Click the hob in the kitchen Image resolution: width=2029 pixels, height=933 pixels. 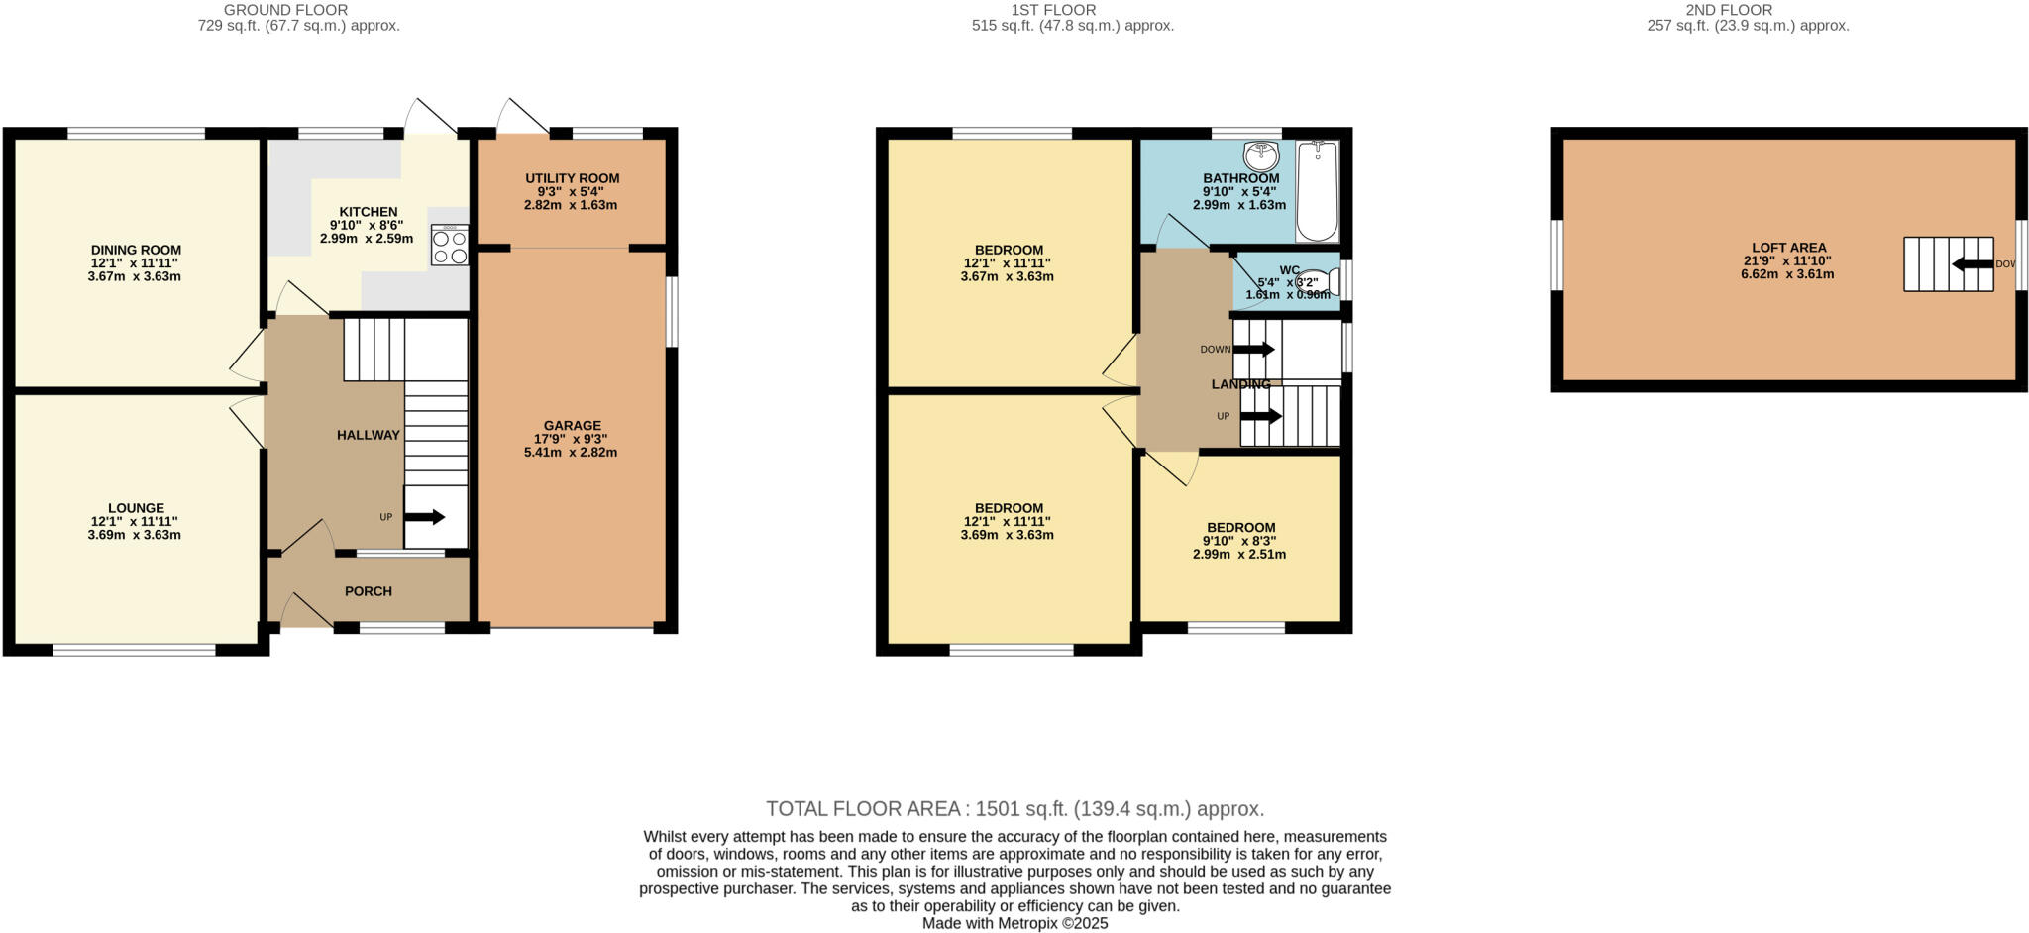450,245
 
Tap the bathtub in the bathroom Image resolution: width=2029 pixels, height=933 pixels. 1317,191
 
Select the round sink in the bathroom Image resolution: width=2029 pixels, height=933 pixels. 1261,155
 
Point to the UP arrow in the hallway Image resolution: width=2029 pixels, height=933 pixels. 425,517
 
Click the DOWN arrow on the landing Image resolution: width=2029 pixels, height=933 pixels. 1253,349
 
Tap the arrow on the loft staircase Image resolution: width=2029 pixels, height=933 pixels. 1972,263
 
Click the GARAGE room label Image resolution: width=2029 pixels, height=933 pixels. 572,426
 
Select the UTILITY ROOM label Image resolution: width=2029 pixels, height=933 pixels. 572,178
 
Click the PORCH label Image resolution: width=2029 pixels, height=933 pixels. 368,591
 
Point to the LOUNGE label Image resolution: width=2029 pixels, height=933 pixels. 136,508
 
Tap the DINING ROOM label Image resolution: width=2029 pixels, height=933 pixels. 136,250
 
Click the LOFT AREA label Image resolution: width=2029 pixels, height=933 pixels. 1788,248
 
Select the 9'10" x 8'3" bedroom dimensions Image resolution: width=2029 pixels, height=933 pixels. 1238,541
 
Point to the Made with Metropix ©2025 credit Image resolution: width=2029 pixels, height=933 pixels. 1014,923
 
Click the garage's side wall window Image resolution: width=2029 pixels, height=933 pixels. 672,311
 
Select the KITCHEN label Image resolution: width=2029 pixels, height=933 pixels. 368,212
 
